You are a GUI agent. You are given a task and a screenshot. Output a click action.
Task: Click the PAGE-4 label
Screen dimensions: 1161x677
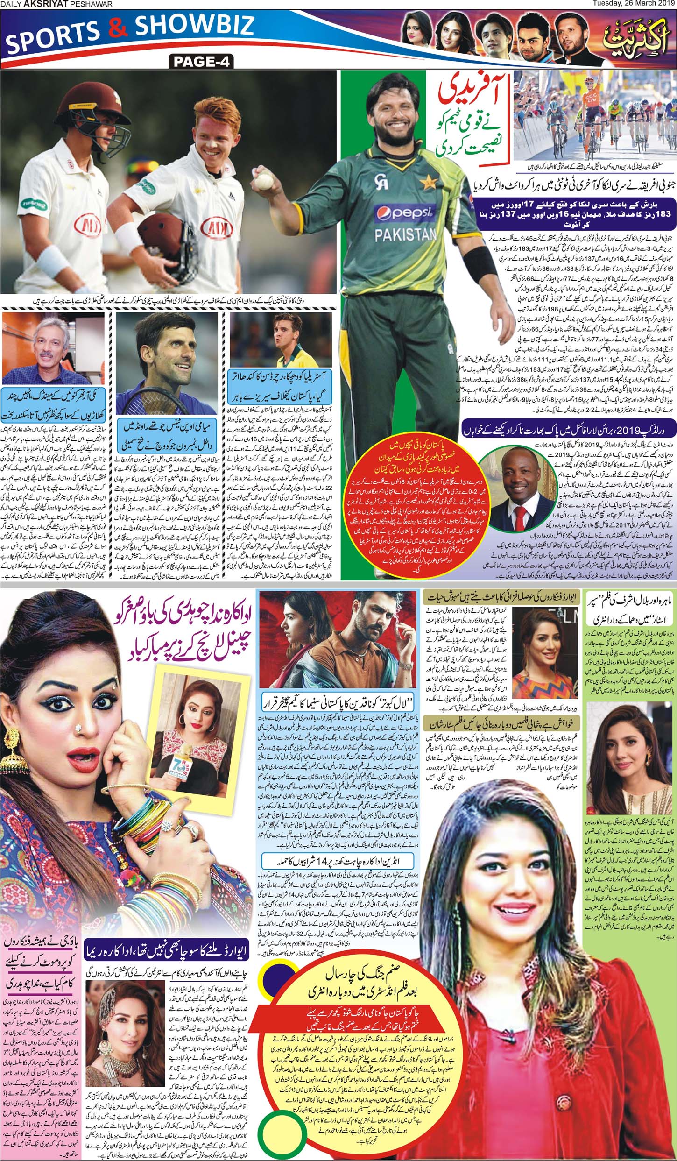[x=202, y=61]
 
